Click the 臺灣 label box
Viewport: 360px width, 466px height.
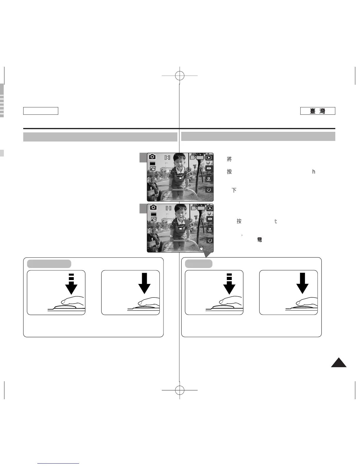(318, 111)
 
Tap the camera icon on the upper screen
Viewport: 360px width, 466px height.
(152, 157)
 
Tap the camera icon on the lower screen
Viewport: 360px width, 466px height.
(153, 207)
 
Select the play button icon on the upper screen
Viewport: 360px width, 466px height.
(209, 157)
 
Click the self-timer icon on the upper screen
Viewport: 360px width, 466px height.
(209, 190)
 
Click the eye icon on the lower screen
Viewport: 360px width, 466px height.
(209, 219)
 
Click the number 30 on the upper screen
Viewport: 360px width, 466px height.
(180, 158)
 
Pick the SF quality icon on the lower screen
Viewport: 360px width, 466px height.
(153, 219)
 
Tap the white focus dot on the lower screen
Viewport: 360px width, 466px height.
(181, 218)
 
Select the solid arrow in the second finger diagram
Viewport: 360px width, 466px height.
(144, 283)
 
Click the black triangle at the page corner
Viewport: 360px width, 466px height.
(339, 363)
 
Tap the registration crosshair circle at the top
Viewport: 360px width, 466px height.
(179, 76)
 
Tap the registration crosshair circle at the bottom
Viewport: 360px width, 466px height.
(179, 390)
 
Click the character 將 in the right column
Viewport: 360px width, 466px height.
(229, 159)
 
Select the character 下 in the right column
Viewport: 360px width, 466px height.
(234, 190)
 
